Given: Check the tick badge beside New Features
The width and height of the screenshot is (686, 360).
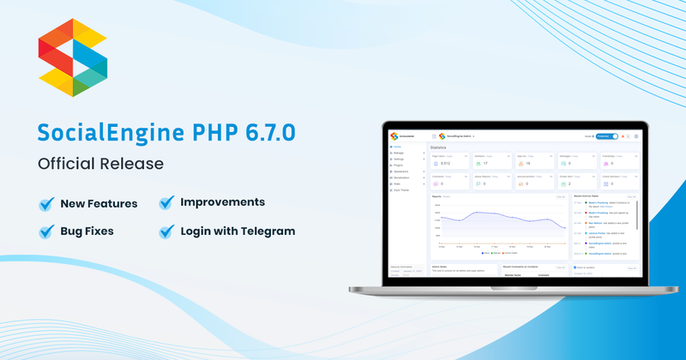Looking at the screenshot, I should pos(46,204).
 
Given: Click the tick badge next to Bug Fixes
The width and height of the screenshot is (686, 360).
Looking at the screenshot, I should pos(46,231).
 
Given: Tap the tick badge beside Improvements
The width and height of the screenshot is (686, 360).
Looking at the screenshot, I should pos(166,203).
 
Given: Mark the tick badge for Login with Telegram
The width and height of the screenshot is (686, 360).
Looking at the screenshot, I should pos(166,231).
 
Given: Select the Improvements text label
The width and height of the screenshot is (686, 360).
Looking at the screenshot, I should pos(222,203).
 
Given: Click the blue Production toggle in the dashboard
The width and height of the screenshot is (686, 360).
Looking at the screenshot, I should pos(606,136).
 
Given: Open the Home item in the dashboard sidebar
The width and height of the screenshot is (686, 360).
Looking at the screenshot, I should pos(398,147).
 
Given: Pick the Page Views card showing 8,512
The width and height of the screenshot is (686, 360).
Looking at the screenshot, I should pos(448,161).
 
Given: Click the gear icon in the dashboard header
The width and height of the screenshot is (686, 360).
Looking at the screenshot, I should pos(636,136).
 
